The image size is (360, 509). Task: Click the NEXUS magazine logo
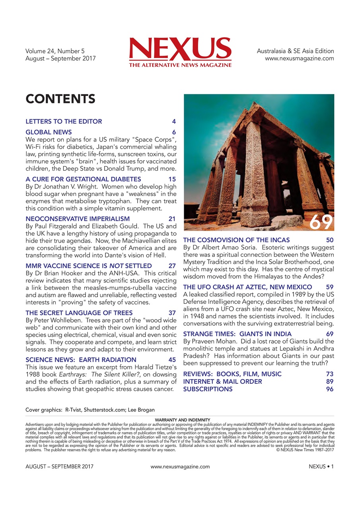[x=180, y=50]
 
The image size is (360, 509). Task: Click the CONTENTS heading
[x=60, y=99]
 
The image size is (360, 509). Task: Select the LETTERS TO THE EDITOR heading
[x=64, y=122]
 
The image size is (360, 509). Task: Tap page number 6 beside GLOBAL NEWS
[x=174, y=132]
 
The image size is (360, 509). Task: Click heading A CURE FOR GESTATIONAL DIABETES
[x=83, y=179]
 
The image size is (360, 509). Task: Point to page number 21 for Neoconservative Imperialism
[x=172, y=219]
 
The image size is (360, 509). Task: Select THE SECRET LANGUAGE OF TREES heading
[x=79, y=313]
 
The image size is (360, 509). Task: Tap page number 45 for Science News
[x=172, y=360]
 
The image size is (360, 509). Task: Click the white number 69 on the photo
[x=321, y=223]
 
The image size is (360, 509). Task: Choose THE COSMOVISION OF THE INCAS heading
[x=236, y=240]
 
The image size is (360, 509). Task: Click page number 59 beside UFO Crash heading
[x=329, y=287]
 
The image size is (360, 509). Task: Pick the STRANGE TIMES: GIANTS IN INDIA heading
[x=237, y=334]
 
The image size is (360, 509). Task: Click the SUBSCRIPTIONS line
[x=208, y=389]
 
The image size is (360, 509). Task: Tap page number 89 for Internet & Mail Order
[x=329, y=382]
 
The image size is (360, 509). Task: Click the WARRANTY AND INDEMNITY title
[x=180, y=420]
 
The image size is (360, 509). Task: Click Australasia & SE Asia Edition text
[x=295, y=51]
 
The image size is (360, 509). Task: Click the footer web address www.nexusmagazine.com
[x=180, y=467]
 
